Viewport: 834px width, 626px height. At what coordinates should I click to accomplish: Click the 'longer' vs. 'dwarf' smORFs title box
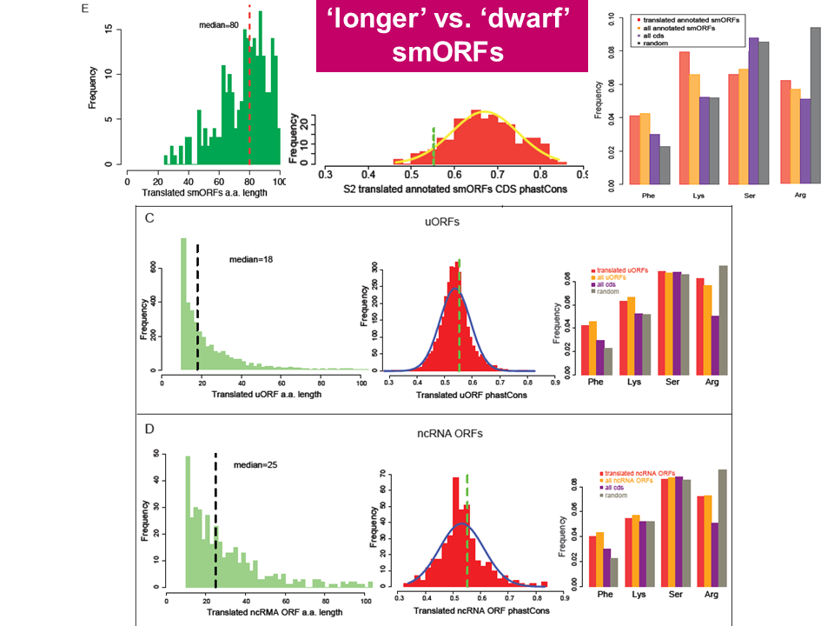[452, 37]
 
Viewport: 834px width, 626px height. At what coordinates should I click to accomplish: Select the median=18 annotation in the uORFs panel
[251, 259]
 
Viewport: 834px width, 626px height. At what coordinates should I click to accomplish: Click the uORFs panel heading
[441, 223]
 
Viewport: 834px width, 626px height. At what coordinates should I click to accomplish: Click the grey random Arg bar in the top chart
[815, 106]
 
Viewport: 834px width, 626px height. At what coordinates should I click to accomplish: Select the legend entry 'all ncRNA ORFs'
[627, 479]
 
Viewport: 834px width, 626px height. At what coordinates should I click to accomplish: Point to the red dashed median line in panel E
[250, 87]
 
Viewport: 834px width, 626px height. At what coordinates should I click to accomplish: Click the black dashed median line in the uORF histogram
[198, 309]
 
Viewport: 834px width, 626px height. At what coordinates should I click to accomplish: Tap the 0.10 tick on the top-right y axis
[612, 17]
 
